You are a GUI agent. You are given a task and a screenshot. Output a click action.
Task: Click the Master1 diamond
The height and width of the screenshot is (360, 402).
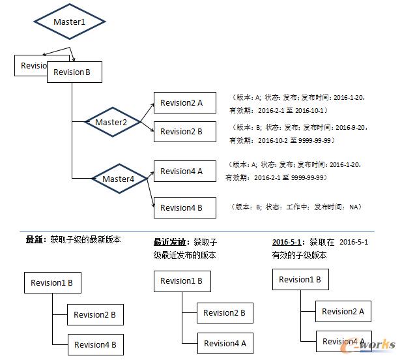coord(70,22)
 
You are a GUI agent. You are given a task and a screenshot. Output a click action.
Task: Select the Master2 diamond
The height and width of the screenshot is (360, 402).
coord(111,122)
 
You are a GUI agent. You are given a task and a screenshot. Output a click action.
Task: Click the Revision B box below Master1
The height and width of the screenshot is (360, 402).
coord(74,72)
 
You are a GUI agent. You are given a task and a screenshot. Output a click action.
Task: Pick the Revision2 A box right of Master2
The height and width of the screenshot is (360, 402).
coord(182,102)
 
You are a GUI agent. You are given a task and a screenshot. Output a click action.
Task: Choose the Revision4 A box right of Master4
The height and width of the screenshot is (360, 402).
coord(182,172)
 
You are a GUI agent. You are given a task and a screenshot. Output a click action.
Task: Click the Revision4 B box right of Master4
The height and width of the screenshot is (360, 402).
coord(182,207)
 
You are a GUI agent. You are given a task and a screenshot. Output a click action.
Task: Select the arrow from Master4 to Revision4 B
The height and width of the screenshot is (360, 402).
coord(147,193)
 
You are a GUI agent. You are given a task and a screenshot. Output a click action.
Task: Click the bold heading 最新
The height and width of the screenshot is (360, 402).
coord(34,239)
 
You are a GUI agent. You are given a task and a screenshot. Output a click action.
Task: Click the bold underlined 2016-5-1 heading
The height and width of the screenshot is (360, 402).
coord(287,242)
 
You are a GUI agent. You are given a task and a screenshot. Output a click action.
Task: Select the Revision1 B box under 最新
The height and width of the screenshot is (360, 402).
coord(52,284)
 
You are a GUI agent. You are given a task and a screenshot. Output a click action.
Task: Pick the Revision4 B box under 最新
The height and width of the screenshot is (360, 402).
coord(95,344)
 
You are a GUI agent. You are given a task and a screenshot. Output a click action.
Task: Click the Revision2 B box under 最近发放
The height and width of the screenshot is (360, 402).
coord(225,313)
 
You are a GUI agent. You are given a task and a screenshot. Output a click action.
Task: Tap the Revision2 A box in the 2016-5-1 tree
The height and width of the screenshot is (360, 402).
coord(343,311)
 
